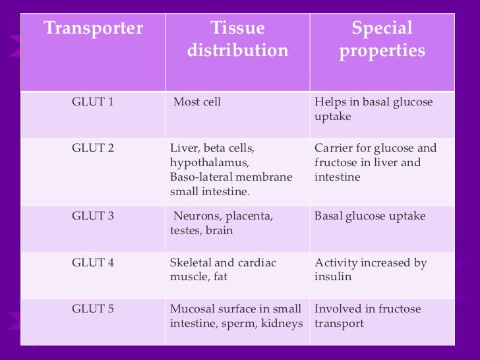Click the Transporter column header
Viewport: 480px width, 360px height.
point(93,29)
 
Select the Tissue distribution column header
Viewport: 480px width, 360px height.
point(237,40)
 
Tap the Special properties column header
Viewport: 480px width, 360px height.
point(382,40)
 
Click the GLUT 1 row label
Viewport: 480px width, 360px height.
point(92,102)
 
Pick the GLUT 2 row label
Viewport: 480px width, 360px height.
point(92,148)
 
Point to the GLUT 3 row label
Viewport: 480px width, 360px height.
point(92,216)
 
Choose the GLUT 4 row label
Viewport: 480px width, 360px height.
point(92,262)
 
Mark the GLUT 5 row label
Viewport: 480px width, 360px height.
point(92,309)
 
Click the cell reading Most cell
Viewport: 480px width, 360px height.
point(197,102)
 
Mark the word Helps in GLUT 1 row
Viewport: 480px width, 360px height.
point(330,102)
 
